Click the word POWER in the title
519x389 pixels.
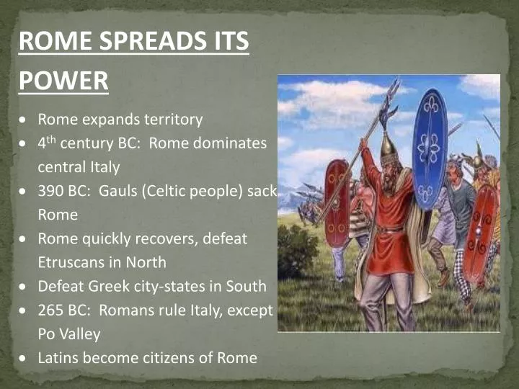click(63, 80)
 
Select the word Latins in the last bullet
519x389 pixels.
click(58, 357)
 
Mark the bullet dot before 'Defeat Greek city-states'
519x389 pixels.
click(24, 287)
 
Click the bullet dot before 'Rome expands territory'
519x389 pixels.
click(24, 120)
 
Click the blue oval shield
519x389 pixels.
click(430, 148)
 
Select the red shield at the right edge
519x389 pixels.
click(480, 231)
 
